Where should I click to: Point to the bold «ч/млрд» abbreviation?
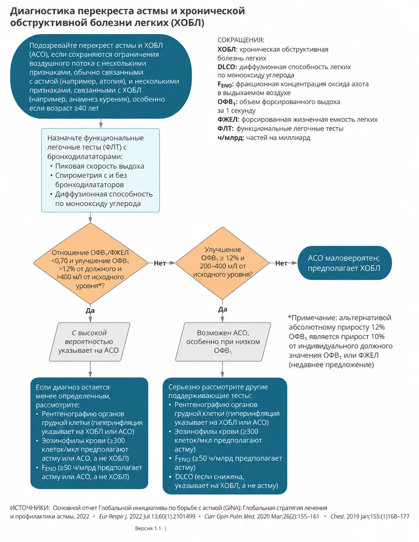pos(229,138)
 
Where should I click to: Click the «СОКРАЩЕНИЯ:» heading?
pos(240,40)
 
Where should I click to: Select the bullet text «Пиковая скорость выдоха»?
pos(100,166)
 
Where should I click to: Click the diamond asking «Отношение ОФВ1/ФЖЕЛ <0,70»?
pos(90,263)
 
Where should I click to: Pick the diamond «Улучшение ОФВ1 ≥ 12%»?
pos(222,263)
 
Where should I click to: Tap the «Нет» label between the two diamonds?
pos(160,263)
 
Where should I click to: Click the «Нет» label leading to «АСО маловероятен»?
pos(281,263)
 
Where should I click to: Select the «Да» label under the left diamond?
pos(90,311)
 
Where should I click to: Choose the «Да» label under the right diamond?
pos(223,309)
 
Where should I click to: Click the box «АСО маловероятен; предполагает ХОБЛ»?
pos(345,263)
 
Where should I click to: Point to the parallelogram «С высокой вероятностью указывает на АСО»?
pos(90,342)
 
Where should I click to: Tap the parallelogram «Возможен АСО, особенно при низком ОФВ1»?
pos(223,342)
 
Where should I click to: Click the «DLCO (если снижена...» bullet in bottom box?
pos(226,481)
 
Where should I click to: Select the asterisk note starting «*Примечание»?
pos(340,341)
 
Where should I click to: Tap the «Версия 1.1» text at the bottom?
pos(148,529)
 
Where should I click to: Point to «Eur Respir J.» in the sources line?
pos(114,516)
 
